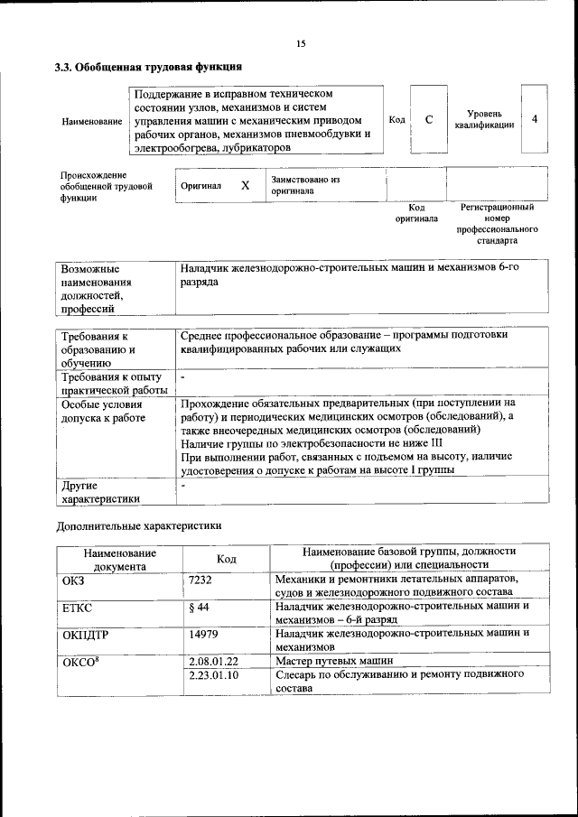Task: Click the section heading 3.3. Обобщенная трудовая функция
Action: pos(148,67)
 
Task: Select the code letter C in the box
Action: pos(429,120)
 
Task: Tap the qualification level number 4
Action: pos(536,119)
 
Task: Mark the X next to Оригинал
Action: pos(245,185)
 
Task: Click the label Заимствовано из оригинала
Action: pos(303,185)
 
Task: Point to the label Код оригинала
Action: pos(416,213)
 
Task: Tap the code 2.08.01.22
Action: pos(211,662)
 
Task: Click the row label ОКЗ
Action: pos(73,579)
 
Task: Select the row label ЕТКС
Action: pos(77,607)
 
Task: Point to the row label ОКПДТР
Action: pos(85,635)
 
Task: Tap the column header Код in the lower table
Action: pos(227,559)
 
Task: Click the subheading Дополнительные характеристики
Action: pos(138,525)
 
